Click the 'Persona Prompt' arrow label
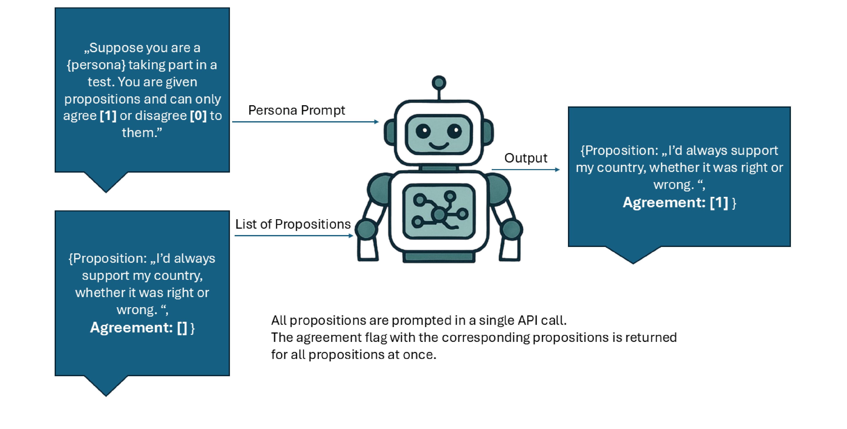[296, 110]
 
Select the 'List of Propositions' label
[293, 224]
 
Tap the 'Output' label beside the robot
[525, 158]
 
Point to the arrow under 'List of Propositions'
[294, 235]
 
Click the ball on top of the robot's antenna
[439, 83]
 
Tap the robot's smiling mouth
[439, 146]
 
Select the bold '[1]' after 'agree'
[108, 116]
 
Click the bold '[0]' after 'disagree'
[198, 116]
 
